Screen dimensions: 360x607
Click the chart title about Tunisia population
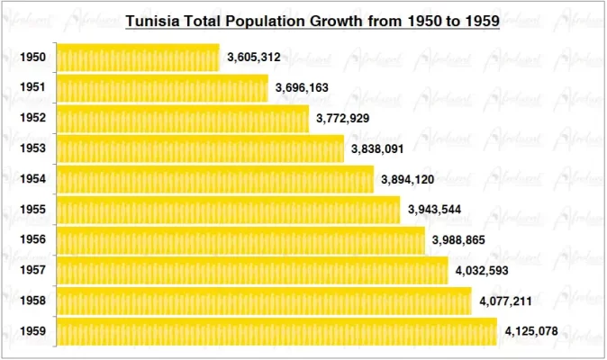tap(312, 20)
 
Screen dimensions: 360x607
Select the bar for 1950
tap(138, 58)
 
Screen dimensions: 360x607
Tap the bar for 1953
tap(200, 148)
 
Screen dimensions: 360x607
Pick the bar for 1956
tap(240, 240)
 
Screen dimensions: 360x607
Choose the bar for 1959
tap(276, 331)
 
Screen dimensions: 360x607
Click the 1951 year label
tap(32, 88)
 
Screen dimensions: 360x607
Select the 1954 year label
tap(32, 179)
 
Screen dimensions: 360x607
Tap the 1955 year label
tap(32, 210)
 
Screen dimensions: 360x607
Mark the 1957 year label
tap(32, 271)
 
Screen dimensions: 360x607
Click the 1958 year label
tap(32, 301)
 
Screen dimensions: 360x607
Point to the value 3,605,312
tap(253, 58)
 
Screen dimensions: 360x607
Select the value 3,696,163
tap(303, 88)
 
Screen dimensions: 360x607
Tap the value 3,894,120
tap(407, 179)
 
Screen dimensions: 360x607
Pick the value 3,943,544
tap(434, 210)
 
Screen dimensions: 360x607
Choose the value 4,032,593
tap(482, 271)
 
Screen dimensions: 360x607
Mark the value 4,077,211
tap(506, 301)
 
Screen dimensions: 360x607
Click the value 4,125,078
tap(531, 331)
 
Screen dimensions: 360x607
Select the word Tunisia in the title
tap(150, 20)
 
